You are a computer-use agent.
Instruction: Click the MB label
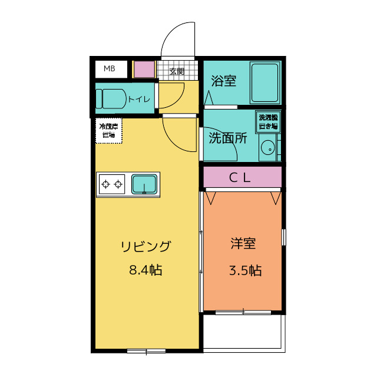point(110,69)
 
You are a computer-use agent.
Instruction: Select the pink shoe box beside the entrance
point(143,70)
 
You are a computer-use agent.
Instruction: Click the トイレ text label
point(139,99)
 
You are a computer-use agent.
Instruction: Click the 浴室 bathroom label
point(223,81)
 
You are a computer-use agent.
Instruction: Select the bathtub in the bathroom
point(264,82)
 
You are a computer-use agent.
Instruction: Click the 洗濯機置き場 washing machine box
point(267,123)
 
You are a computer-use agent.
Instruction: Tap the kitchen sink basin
point(144,184)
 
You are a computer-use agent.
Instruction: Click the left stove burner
point(106,185)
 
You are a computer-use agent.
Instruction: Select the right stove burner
point(118,185)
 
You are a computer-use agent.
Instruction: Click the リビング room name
point(145,247)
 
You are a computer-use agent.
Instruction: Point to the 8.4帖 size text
point(145,270)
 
